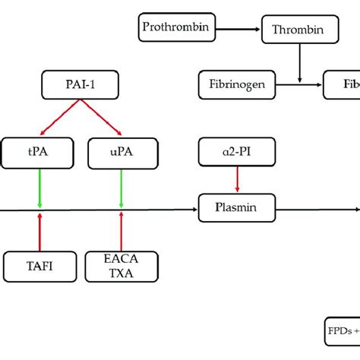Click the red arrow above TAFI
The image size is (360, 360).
tap(40, 231)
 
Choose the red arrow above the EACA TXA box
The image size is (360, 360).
tap(122, 231)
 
